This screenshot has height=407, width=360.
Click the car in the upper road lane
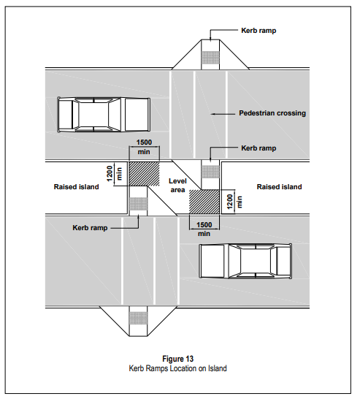coord(104,115)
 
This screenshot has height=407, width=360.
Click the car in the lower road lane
coord(245,261)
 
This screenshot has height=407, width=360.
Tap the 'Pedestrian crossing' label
coord(272,113)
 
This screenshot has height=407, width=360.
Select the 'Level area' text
coord(177,186)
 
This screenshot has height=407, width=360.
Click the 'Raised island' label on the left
coord(76,187)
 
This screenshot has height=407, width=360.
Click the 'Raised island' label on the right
coord(280,187)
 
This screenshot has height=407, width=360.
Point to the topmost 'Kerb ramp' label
coord(258,31)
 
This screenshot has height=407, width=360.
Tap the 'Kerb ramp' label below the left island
coord(90,228)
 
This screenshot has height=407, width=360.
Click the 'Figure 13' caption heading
coord(178,359)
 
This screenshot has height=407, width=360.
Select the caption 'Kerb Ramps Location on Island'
coord(178,368)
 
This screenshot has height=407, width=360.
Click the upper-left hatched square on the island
coord(144,174)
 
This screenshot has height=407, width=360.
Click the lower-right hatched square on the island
coord(204,202)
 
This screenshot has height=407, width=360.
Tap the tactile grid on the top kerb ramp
coord(210,58)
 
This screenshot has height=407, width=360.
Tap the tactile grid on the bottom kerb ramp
coord(138,319)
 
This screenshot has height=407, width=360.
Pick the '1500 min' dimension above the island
coord(144,147)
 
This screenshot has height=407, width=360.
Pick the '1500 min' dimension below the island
coord(204,229)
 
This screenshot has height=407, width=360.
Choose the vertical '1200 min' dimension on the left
coord(114,173)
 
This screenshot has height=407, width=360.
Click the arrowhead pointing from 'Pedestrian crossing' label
coord(213,114)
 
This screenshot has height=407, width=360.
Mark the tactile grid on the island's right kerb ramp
coord(210,172)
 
